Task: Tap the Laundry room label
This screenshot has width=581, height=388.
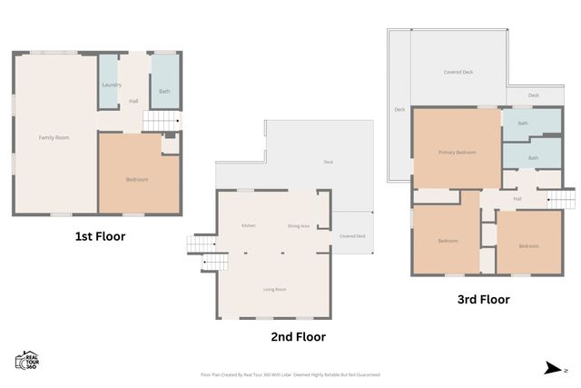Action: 112,85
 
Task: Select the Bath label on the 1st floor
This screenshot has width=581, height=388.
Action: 164,91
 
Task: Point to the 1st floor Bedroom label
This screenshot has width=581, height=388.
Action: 136,179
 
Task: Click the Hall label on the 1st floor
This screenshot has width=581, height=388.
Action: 133,101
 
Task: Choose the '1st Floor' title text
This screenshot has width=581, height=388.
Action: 100,236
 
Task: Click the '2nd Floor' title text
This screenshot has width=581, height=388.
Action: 299,336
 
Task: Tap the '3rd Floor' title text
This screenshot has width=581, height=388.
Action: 483,299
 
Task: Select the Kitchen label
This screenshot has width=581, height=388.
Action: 248,225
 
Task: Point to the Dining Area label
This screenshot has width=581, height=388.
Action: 299,225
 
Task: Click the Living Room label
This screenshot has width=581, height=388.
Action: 274,289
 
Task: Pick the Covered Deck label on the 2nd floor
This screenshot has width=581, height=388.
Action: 352,236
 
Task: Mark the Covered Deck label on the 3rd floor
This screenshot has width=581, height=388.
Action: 458,72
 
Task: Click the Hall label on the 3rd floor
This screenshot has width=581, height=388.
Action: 517,198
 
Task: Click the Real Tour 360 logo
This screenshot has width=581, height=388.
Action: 26,361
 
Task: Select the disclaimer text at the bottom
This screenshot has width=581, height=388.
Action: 290,373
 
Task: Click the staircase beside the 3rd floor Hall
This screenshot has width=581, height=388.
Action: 560,198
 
